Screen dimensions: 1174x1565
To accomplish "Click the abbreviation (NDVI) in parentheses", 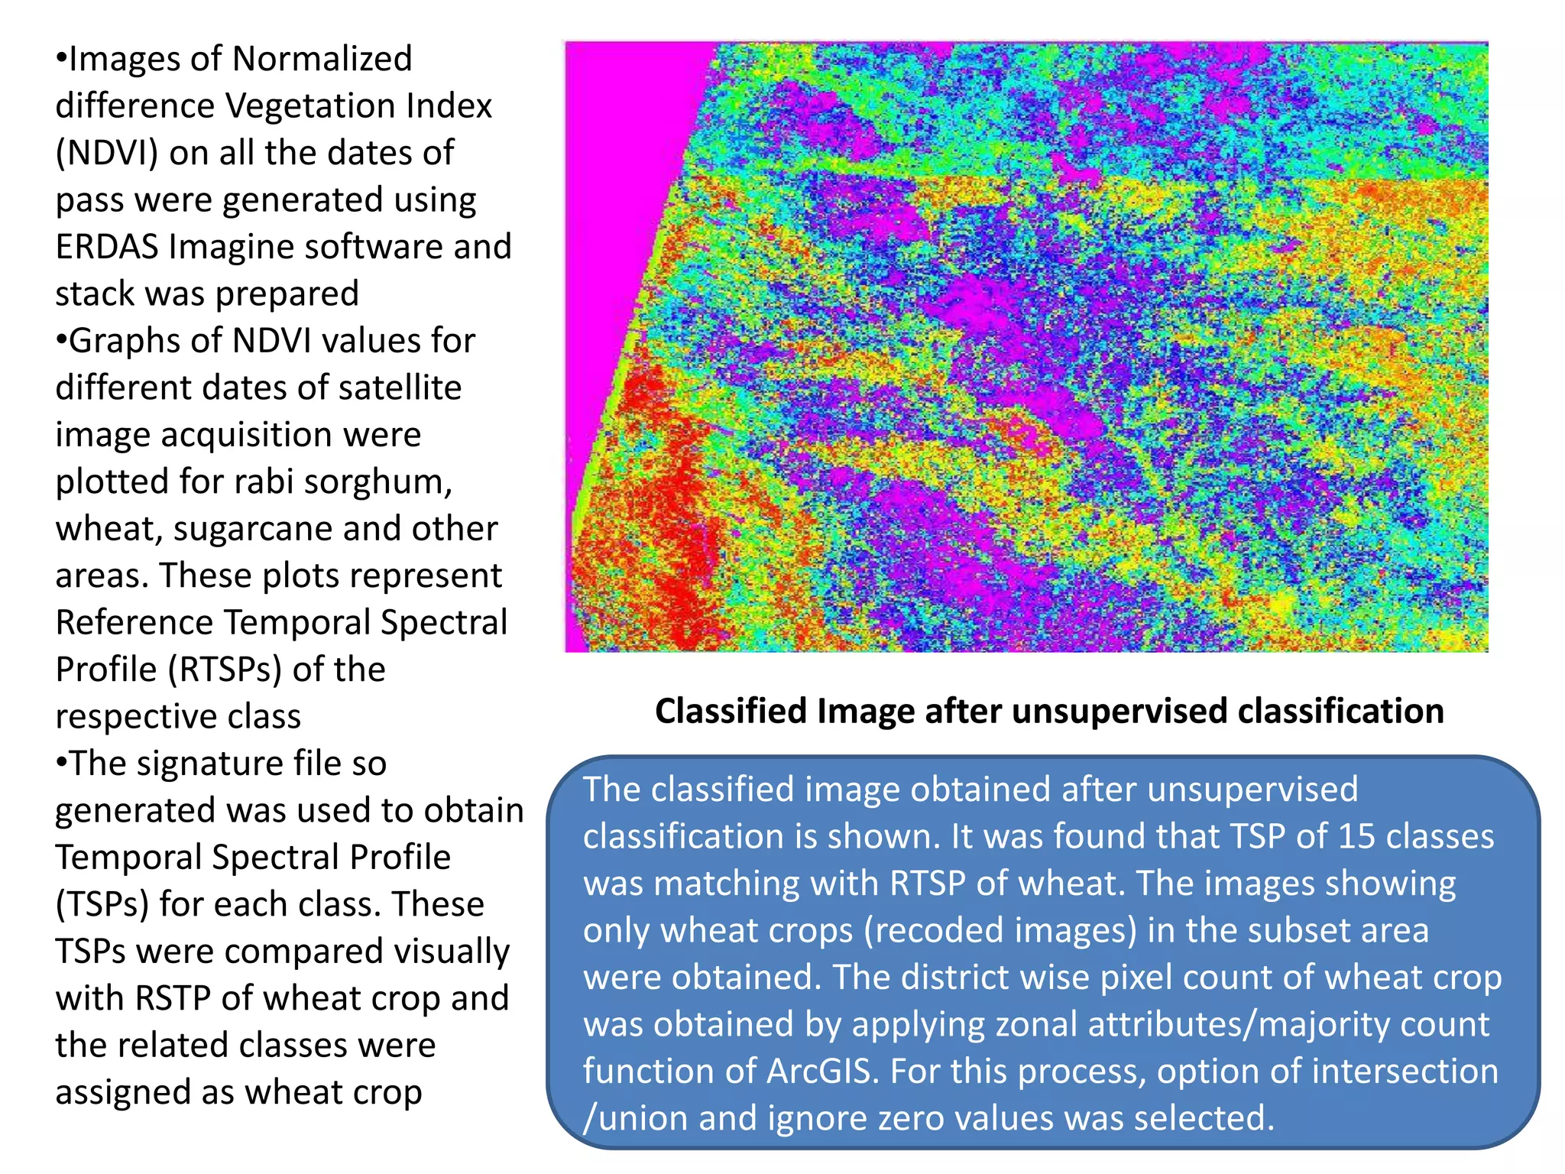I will tap(106, 153).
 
